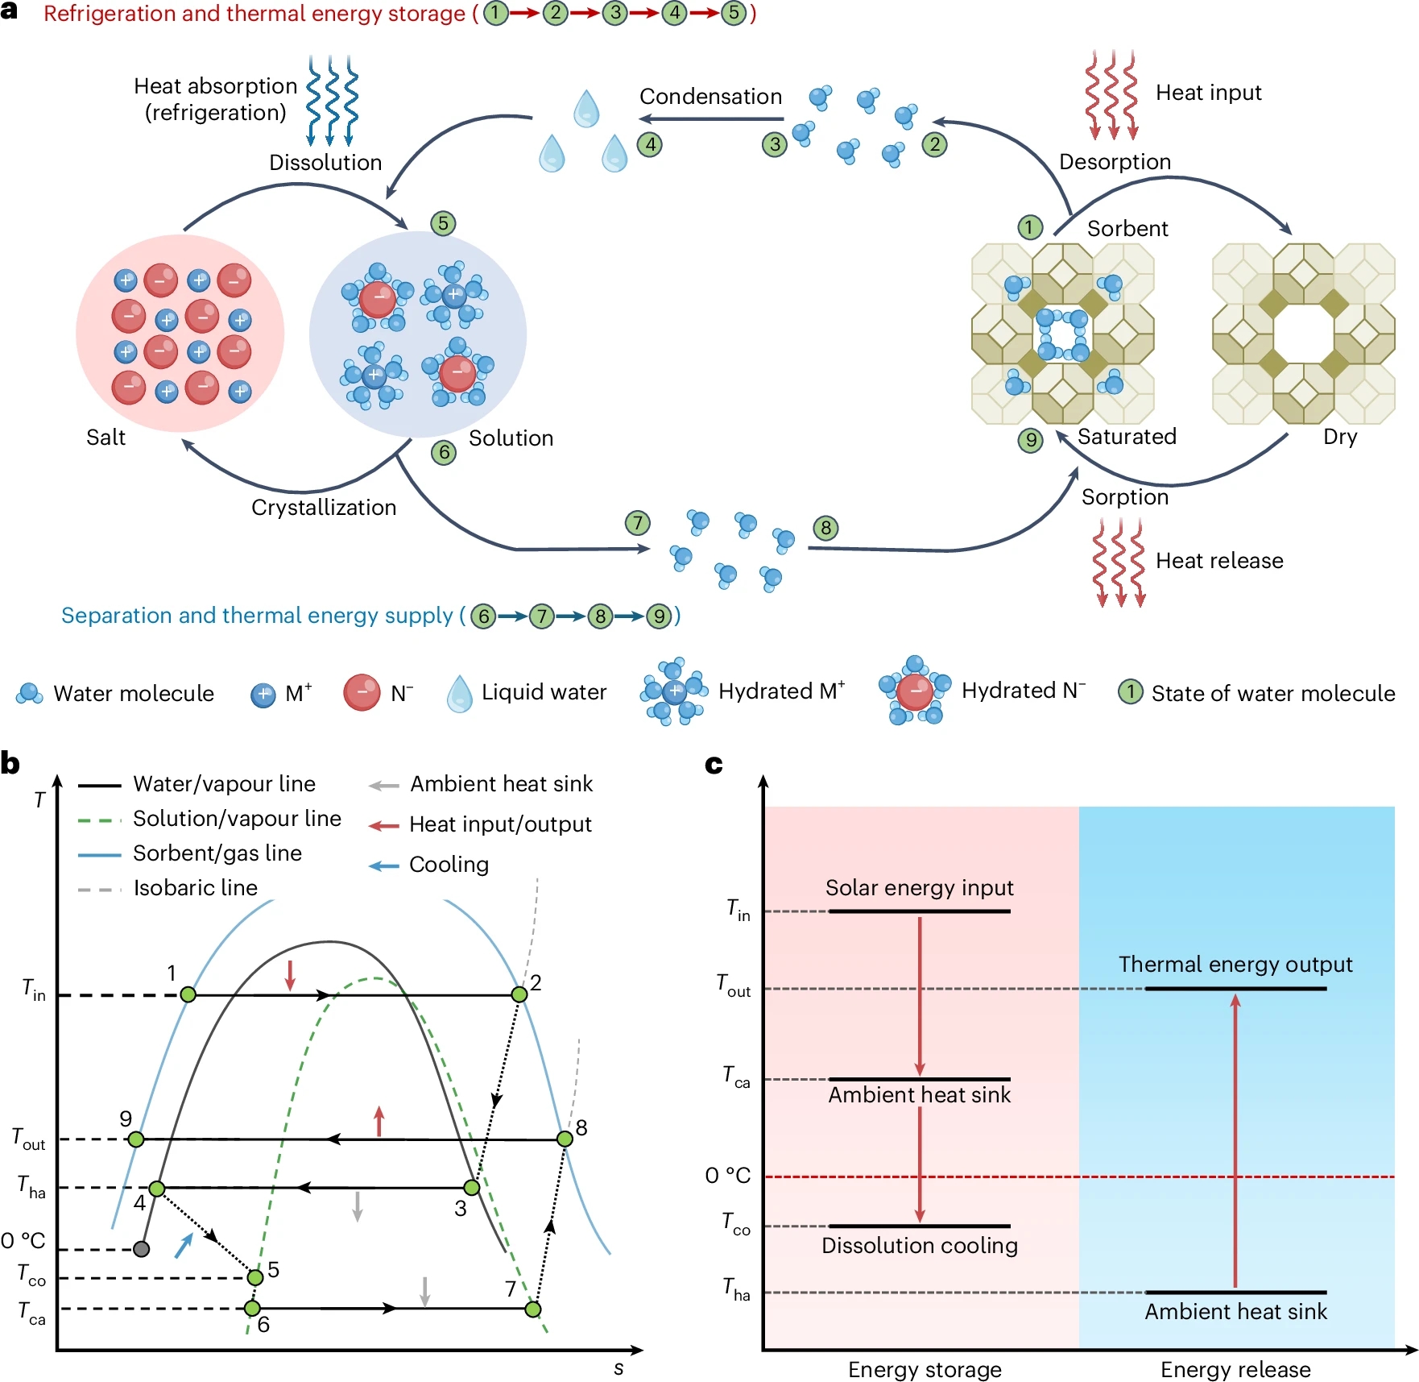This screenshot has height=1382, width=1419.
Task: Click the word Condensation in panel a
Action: pos(710,97)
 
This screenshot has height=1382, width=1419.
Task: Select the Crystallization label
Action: pos(324,508)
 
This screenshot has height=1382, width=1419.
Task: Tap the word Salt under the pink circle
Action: pos(105,438)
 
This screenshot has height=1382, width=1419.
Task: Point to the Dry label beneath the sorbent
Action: pos(1340,437)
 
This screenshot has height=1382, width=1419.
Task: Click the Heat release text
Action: pos(1219,561)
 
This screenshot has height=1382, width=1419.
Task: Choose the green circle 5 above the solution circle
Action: pos(443,223)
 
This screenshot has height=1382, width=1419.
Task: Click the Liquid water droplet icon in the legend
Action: pos(460,693)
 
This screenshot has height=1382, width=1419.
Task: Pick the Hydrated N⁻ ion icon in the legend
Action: pos(914,691)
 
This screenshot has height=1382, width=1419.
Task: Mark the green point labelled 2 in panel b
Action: pos(519,994)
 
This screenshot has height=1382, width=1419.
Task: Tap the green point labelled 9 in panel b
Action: pos(136,1139)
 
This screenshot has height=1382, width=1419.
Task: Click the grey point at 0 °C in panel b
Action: pos(141,1249)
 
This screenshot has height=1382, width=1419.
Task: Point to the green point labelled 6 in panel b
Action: pos(252,1308)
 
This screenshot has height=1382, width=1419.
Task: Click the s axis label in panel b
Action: pos(618,1368)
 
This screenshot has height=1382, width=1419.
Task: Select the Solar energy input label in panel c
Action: pos(919,888)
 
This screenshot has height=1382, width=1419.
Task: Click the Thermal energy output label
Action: pos(1235,965)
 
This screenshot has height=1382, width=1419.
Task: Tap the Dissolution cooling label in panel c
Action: pos(920,1246)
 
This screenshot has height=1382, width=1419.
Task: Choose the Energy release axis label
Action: pos(1235,1370)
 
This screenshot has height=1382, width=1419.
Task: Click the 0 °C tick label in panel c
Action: pos(727,1176)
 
